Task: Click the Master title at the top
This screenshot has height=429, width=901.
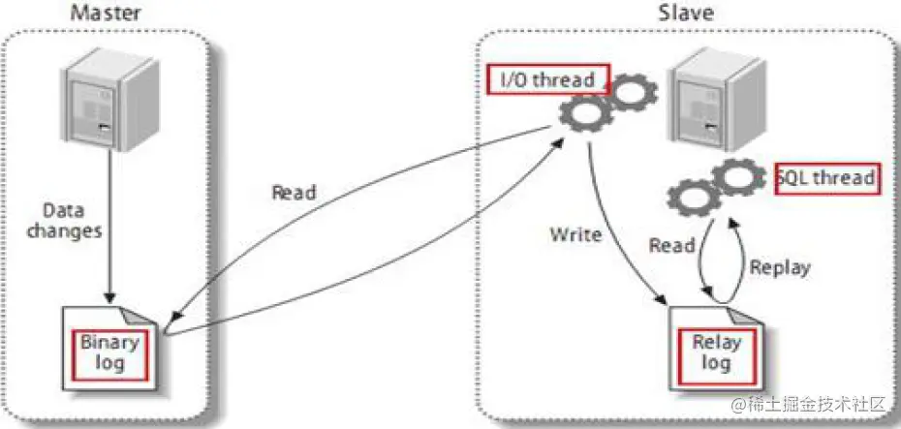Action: click(106, 12)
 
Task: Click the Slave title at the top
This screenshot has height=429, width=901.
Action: click(686, 12)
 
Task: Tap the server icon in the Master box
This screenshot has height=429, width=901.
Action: click(110, 98)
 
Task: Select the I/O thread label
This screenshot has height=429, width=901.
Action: click(547, 79)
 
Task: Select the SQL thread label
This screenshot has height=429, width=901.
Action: click(827, 179)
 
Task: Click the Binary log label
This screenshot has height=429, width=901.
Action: click(109, 353)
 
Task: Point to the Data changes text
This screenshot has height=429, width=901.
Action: click(64, 221)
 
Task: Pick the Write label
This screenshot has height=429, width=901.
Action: click(575, 235)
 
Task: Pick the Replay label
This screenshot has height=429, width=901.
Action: click(780, 267)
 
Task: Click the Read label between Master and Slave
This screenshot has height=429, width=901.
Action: click(294, 193)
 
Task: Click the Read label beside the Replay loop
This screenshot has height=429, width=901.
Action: click(671, 246)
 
